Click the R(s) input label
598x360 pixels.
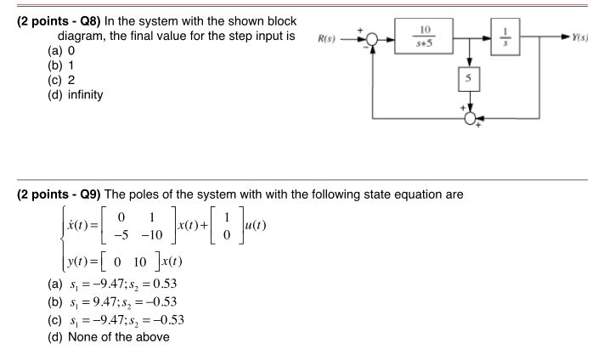tap(325, 40)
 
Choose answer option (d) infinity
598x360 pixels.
tap(77, 94)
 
